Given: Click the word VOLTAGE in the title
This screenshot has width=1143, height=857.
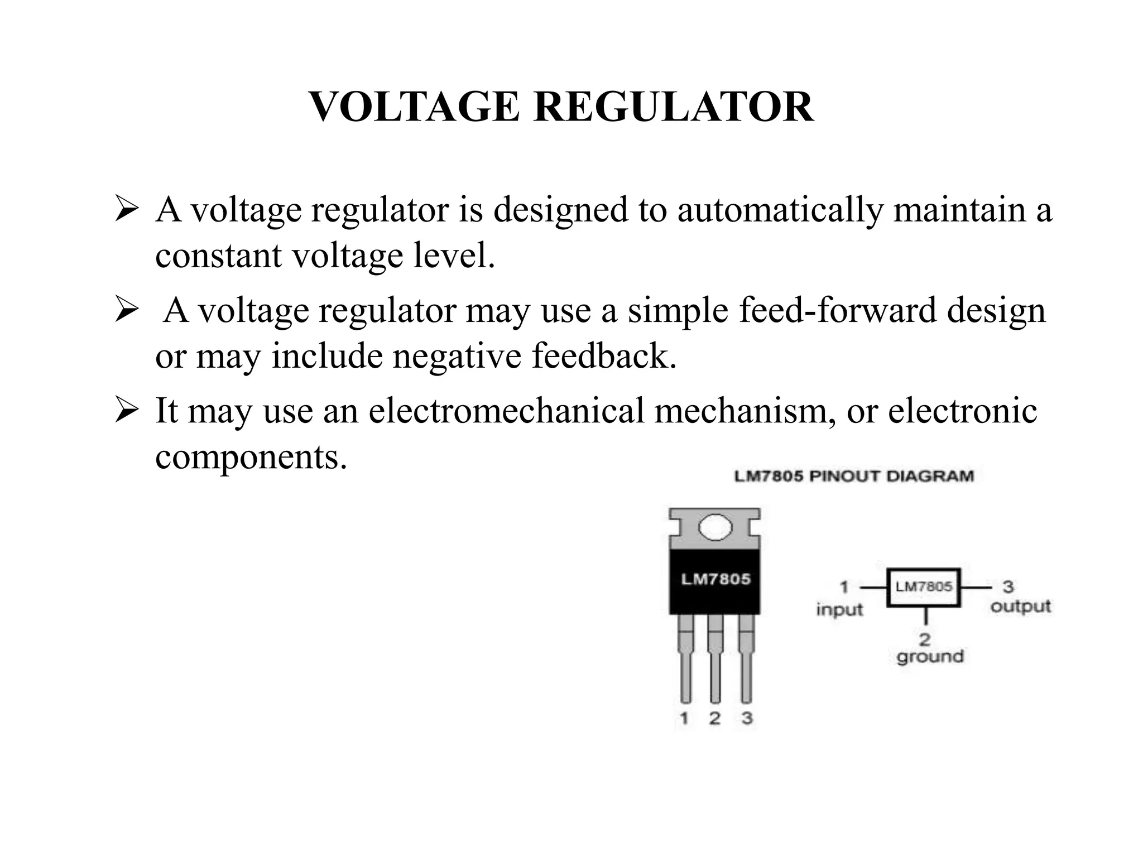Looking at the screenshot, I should pyautogui.click(x=414, y=107).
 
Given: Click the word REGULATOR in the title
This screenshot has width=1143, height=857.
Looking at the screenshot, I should pyautogui.click(x=674, y=107).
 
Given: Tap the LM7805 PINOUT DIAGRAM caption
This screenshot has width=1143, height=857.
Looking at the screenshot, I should pyautogui.click(x=854, y=476).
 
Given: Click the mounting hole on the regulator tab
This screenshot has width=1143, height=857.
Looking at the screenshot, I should pyautogui.click(x=715, y=527).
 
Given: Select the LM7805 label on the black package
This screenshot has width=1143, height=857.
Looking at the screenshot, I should pyautogui.click(x=716, y=579).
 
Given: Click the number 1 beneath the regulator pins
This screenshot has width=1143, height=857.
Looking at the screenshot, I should pyautogui.click(x=684, y=718).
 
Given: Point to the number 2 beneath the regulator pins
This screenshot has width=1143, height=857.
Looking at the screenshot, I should pyautogui.click(x=715, y=718).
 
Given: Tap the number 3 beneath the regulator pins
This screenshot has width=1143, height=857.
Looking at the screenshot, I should pyautogui.click(x=747, y=718).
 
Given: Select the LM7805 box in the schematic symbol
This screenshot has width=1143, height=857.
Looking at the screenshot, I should pyautogui.click(x=924, y=587).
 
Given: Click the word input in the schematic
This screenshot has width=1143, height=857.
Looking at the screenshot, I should pyautogui.click(x=839, y=609).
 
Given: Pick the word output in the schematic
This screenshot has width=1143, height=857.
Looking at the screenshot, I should pyautogui.click(x=1020, y=606).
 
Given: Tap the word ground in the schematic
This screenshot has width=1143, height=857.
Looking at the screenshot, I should pyautogui.click(x=930, y=656).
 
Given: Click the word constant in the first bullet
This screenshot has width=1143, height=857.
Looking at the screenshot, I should pyautogui.click(x=218, y=256).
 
